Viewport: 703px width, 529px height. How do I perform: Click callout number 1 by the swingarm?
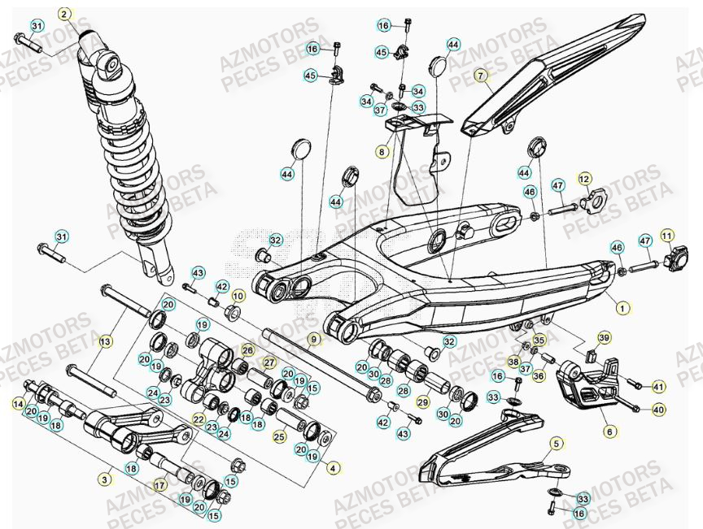tap(623, 308)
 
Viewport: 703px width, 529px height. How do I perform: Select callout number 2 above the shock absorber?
tap(65, 14)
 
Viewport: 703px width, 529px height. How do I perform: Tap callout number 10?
tap(238, 295)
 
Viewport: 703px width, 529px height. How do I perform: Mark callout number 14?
tap(18, 404)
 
